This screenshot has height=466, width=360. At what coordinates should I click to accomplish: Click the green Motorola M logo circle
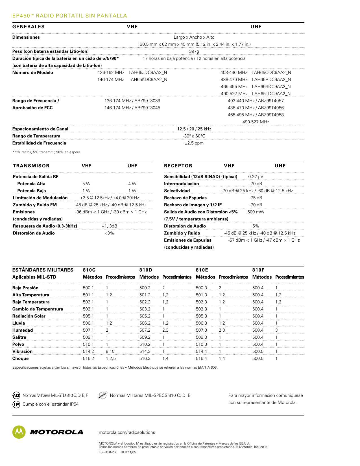(19, 432)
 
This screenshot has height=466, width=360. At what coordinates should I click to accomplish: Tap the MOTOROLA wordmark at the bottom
(56, 432)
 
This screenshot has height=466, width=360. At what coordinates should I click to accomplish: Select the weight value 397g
(194, 51)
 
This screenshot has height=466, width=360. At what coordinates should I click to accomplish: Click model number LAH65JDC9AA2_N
(148, 73)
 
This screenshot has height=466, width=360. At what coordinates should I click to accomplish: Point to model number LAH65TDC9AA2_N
(271, 94)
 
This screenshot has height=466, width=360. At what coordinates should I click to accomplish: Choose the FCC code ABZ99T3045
(147, 108)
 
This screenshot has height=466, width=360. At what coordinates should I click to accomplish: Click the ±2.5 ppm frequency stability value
(194, 143)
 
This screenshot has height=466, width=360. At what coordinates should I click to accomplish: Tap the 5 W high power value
(86, 184)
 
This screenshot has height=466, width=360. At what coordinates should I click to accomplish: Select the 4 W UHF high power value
(132, 184)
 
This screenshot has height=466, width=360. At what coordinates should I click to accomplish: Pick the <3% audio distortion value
(109, 233)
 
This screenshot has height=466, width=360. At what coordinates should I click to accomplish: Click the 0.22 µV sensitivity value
(256, 177)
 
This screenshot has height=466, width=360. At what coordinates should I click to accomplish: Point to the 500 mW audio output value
(256, 212)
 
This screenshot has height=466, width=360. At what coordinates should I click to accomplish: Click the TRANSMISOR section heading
(31, 166)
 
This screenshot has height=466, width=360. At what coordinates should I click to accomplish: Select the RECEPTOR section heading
(178, 166)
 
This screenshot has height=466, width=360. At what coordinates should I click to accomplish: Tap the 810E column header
(202, 270)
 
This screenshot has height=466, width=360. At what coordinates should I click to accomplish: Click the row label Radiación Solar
(29, 316)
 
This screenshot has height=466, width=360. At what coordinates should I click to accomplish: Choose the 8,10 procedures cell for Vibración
(110, 351)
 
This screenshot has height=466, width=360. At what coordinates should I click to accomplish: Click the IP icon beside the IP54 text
(16, 404)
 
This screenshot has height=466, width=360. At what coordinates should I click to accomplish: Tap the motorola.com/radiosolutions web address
(127, 432)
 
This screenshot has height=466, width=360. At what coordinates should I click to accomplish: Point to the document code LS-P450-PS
(107, 452)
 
